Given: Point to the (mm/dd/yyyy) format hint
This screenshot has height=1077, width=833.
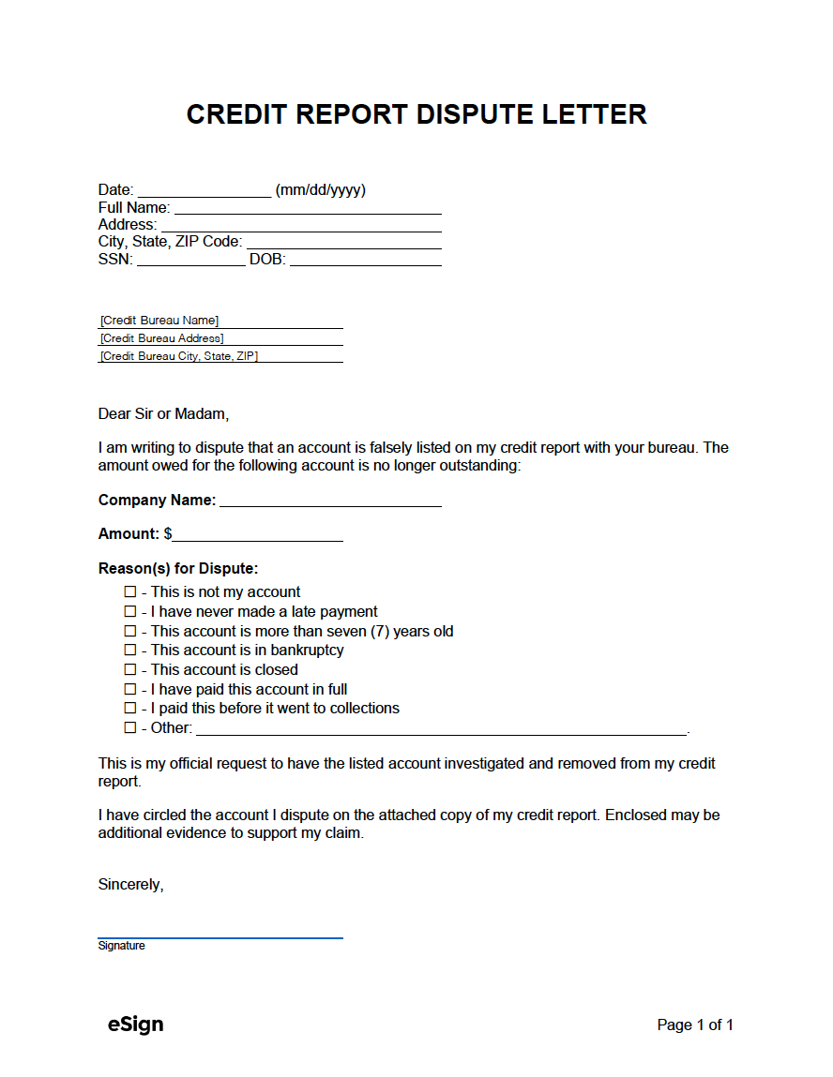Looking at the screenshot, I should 320,190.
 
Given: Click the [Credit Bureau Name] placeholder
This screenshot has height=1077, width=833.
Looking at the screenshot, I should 159,321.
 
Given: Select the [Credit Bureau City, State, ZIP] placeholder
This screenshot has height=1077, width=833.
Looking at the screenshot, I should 179,356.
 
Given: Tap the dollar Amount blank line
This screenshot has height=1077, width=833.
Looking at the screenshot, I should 258,536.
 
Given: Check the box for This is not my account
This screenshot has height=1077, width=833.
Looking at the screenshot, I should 130,592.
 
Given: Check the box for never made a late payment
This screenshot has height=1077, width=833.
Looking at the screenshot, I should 130,612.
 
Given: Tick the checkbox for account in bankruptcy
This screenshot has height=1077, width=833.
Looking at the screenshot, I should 130,651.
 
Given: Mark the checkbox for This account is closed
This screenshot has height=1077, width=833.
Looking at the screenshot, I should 130,670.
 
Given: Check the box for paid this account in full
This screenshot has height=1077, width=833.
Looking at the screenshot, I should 130,690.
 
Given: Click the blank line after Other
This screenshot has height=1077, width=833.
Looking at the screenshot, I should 441,730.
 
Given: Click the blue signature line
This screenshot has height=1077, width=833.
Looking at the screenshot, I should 220,935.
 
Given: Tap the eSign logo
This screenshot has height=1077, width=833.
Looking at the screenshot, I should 136,1025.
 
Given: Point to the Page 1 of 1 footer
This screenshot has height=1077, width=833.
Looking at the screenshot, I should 695,1025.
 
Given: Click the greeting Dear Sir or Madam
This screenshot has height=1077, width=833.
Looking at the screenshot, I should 163,413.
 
